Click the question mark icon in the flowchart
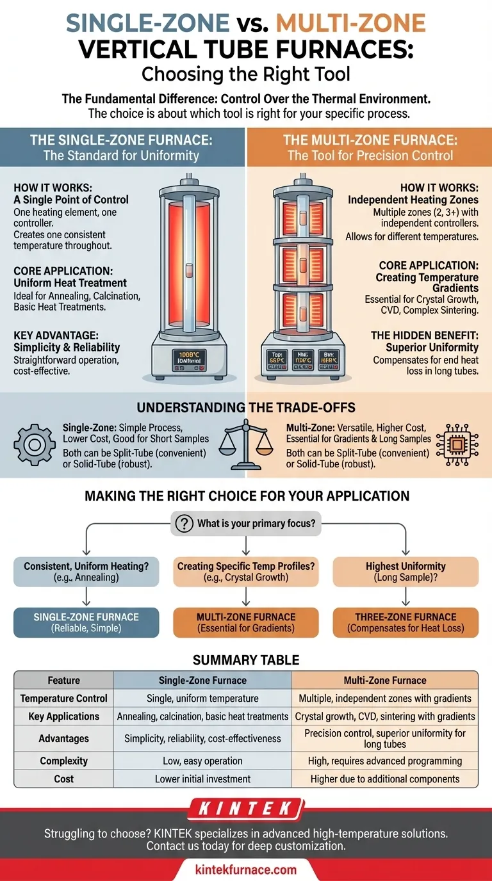[184, 524]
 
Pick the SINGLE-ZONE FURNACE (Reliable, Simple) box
[86, 622]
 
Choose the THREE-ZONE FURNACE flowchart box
[406, 622]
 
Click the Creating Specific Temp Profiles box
[246, 572]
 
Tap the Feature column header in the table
[63, 680]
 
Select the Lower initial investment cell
[202, 779]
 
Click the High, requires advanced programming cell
[385, 761]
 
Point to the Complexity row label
[63, 761]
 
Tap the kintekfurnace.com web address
[246, 869]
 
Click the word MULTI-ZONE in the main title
[350, 23]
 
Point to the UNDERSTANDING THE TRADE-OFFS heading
[246, 408]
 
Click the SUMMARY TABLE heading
[246, 659]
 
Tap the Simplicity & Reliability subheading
[67, 347]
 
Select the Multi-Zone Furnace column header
[385, 680]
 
